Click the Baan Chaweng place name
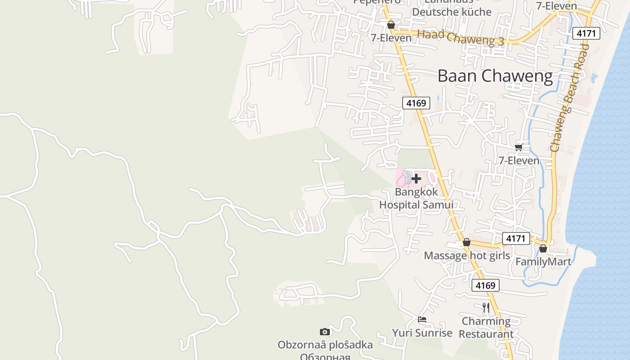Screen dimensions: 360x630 495,76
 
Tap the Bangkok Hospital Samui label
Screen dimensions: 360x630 416,198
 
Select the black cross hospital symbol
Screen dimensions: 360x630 416,179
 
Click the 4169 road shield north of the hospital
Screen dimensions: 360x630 416,103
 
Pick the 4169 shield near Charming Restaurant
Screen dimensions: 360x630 485,285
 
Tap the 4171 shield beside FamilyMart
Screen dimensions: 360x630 516,238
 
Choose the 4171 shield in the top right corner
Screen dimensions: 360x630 586,33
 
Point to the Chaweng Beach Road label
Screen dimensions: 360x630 570,98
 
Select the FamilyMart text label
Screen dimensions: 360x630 543,262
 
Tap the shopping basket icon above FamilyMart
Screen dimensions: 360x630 543,248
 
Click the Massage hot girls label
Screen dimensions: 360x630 467,256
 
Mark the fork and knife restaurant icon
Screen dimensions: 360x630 486,308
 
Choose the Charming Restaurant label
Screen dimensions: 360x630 486,328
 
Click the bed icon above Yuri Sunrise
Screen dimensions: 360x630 422,319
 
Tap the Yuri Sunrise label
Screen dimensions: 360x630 422,333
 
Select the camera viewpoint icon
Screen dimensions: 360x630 325,332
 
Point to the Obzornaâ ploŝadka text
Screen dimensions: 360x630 325,345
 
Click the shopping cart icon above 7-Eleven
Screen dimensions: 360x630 519,147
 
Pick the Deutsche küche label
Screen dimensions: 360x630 452,12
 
